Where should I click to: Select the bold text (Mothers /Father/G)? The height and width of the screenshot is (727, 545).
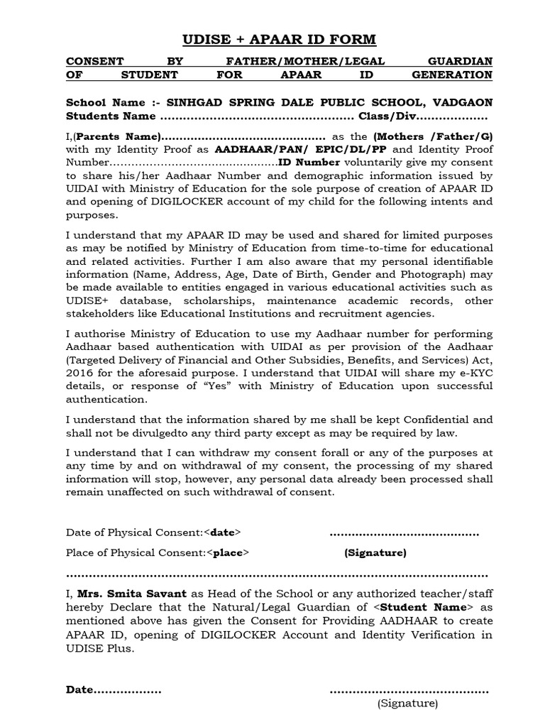click(433, 136)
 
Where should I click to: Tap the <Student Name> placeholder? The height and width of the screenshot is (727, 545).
click(423, 607)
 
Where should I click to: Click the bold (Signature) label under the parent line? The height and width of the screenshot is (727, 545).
click(375, 552)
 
